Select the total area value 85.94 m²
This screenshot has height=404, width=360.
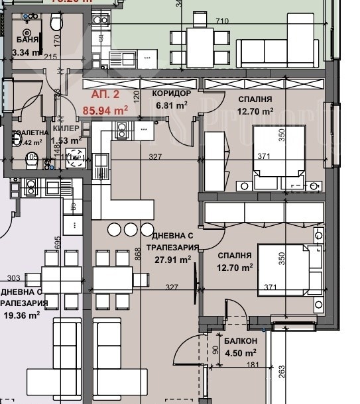(105, 111)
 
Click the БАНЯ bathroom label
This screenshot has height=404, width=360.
(26, 40)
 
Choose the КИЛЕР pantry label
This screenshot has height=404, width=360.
(66, 128)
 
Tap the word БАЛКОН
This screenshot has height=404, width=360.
(241, 341)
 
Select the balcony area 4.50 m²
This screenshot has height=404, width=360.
(240, 352)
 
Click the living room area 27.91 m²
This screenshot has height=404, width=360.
(172, 260)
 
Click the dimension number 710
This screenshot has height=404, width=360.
(222, 22)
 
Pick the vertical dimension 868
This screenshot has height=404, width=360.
(137, 255)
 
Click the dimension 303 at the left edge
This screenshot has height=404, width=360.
(14, 279)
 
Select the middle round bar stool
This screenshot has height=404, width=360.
(130, 229)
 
